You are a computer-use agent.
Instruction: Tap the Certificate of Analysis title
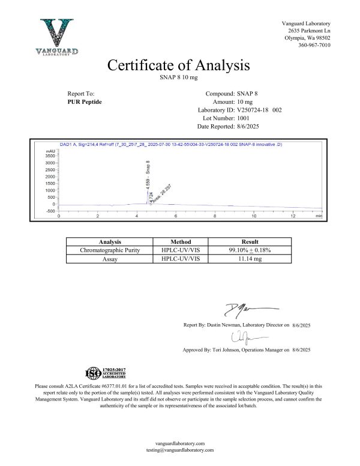coord(178,65)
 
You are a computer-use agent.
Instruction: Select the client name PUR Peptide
coord(85,103)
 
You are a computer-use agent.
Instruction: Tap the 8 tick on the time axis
coord(214,216)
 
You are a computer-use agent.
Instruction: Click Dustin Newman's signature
coord(239,310)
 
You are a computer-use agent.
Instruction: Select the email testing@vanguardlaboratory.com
coord(179,449)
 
